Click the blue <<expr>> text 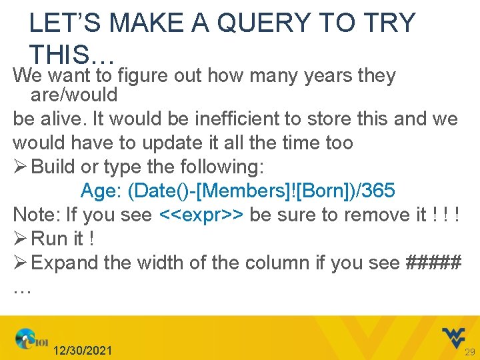(201, 215)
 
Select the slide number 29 (469, 351)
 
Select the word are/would (74, 95)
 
